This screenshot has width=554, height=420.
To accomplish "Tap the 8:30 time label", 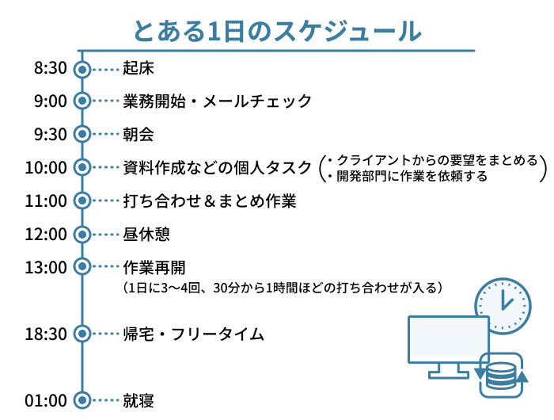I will [x=50, y=69].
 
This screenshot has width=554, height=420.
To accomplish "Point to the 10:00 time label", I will [x=46, y=167].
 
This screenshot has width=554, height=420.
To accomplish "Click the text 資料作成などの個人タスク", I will [x=218, y=167].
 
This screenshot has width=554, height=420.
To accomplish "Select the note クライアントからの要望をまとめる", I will [x=437, y=160].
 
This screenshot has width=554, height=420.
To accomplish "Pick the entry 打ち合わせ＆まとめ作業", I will [x=210, y=201].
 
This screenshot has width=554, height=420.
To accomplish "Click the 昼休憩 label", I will [x=146, y=235].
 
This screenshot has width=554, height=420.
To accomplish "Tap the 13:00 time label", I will [x=46, y=268].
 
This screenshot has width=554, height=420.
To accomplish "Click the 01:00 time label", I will [x=46, y=400].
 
